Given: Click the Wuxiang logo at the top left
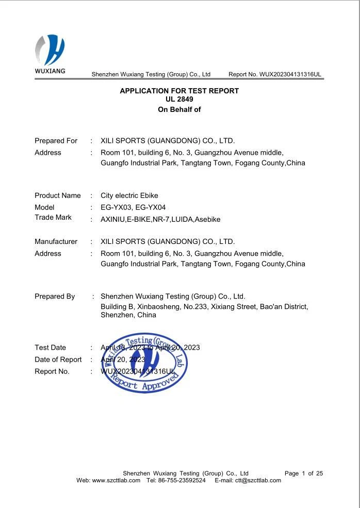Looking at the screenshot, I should (50, 54).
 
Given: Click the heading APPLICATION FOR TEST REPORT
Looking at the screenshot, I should (179, 91).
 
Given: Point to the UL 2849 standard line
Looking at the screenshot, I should (179, 99).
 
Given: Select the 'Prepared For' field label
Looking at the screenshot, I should (56, 141).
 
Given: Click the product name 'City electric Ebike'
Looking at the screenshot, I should (129, 195).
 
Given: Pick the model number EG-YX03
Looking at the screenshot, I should (116, 207).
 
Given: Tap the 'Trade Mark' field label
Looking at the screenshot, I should (53, 217).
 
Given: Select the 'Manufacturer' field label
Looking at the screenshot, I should (56, 241).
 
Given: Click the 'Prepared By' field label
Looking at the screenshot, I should (55, 297).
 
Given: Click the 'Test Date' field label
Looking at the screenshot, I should (50, 348).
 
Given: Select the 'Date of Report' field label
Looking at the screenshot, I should (58, 359).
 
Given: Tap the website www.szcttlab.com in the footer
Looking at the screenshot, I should (116, 480).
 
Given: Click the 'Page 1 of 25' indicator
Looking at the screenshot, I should (304, 473).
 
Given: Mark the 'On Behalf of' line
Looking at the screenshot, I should (179, 109).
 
